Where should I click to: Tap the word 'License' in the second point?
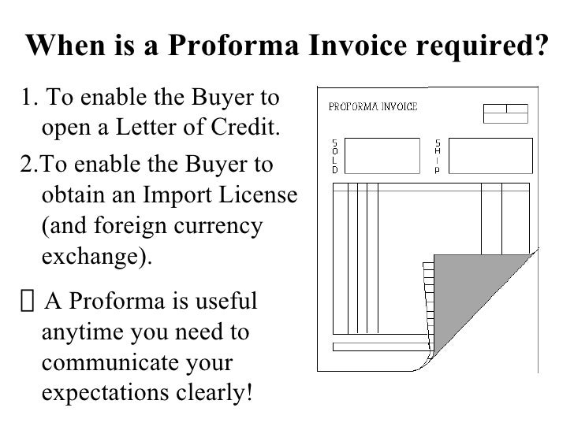pos(256,193)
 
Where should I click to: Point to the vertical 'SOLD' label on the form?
pos(334,157)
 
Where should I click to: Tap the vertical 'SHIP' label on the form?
pos(438,157)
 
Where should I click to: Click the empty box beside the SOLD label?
pos(382,156)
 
